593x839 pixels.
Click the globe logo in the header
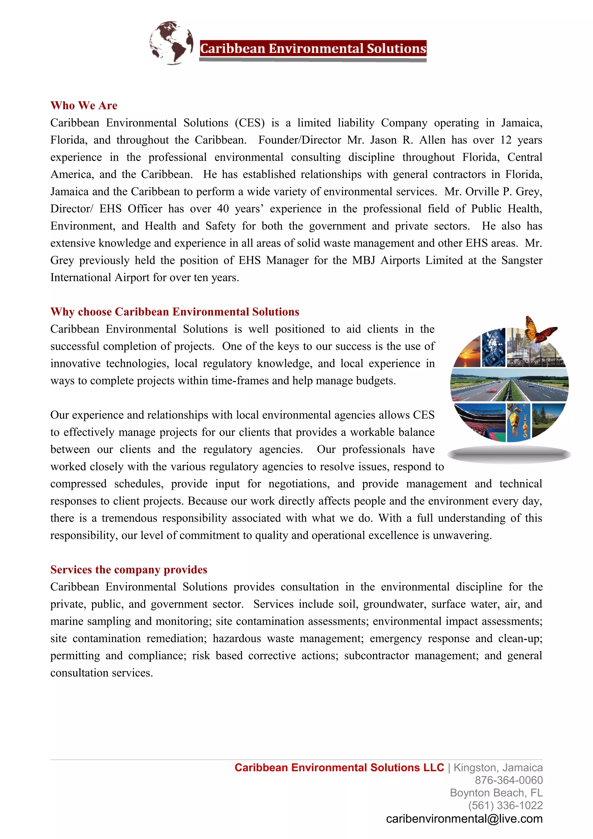(171, 43)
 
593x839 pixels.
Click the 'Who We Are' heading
(84, 106)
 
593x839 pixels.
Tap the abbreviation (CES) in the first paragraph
(250, 123)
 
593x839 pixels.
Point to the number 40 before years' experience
(223, 209)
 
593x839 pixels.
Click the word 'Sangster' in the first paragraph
(522, 260)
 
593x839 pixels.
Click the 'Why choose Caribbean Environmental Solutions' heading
(175, 312)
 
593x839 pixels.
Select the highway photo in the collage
(509, 385)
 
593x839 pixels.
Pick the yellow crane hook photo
(519, 422)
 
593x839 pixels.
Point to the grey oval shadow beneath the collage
(509, 455)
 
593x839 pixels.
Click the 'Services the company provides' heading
(129, 570)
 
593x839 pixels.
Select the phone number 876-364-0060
(509, 780)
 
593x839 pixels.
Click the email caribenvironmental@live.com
(464, 819)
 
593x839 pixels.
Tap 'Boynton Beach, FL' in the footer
(496, 793)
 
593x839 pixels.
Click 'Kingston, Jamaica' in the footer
(498, 767)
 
